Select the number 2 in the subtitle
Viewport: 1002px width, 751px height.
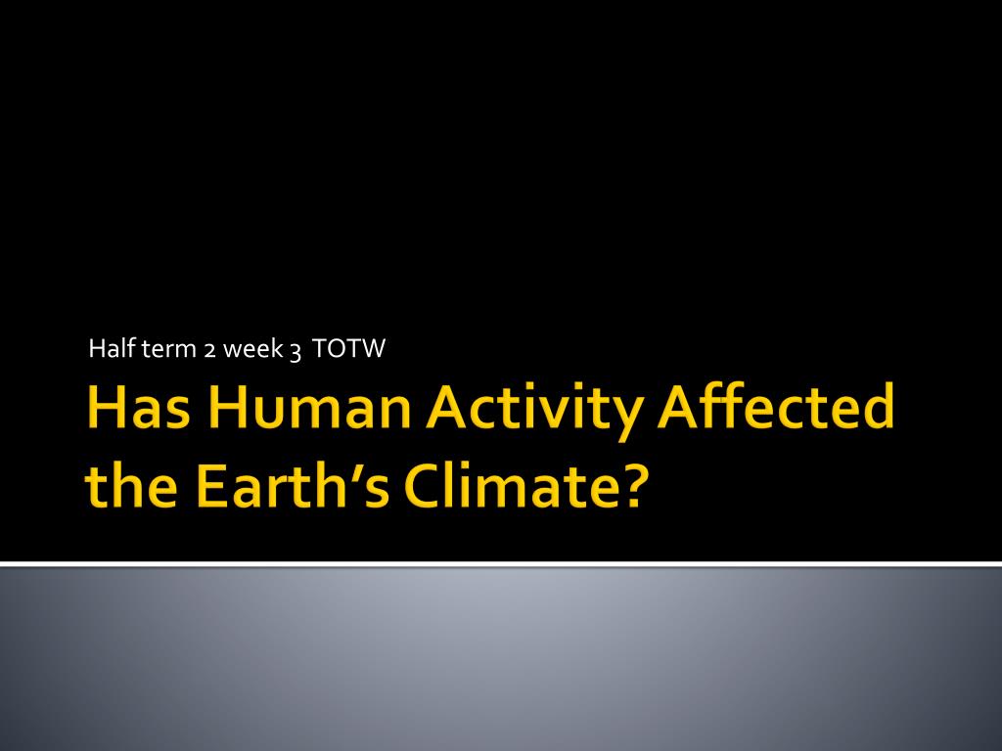209,351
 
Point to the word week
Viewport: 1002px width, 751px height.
252,348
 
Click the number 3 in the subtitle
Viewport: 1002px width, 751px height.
296,352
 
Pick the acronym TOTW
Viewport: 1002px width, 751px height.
349,349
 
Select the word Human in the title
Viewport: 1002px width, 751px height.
309,406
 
